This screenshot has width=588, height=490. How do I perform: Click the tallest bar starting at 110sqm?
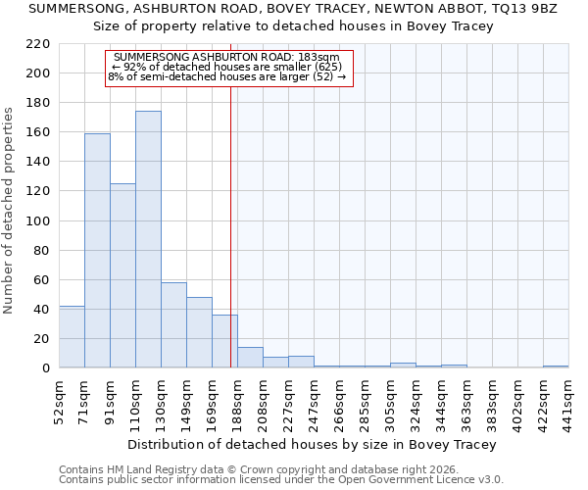pyautogui.click(x=148, y=240)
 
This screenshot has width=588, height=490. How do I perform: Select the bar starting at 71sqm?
pyautogui.click(x=97, y=251)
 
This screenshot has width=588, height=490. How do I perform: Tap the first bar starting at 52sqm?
pyautogui.click(x=72, y=337)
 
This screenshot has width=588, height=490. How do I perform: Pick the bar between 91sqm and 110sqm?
pyautogui.click(x=122, y=275)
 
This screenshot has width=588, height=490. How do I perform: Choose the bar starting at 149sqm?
pyautogui.click(x=199, y=332)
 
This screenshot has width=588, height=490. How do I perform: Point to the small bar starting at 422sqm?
pyautogui.click(x=556, y=367)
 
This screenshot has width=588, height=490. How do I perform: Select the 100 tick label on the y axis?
pyautogui.click(x=38, y=220)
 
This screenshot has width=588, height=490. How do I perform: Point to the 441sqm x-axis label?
pyautogui.click(x=569, y=401)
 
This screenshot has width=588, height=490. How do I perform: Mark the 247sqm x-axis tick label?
pyautogui.click(x=315, y=401)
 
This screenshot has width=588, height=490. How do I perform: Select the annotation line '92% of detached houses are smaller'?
pyautogui.click(x=227, y=67)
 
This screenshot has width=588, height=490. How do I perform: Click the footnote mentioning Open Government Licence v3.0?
pyautogui.click(x=281, y=480)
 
